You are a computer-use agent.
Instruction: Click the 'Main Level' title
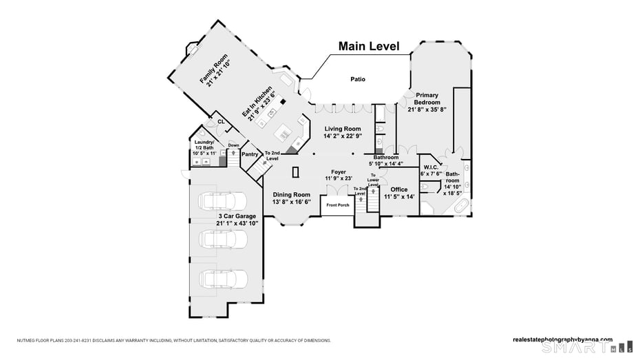point(368,47)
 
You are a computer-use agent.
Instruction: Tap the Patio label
point(357,80)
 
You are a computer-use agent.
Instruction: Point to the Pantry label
point(250,154)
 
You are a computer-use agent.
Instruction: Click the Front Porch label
point(337,205)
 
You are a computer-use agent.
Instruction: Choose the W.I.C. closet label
point(431,167)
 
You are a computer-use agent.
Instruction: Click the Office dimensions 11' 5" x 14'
point(398,197)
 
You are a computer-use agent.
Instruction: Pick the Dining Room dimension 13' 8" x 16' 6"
point(292,202)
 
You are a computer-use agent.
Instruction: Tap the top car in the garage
point(222,200)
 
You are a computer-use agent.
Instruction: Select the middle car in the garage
point(222,239)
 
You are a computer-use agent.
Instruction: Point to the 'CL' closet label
point(221,122)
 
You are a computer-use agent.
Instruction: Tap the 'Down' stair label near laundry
point(233,145)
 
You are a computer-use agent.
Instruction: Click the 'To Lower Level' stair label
point(373,181)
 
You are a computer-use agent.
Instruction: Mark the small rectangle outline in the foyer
point(295,172)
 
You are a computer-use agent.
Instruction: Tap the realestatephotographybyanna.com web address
point(562,339)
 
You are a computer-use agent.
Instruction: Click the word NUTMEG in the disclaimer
point(26,340)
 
